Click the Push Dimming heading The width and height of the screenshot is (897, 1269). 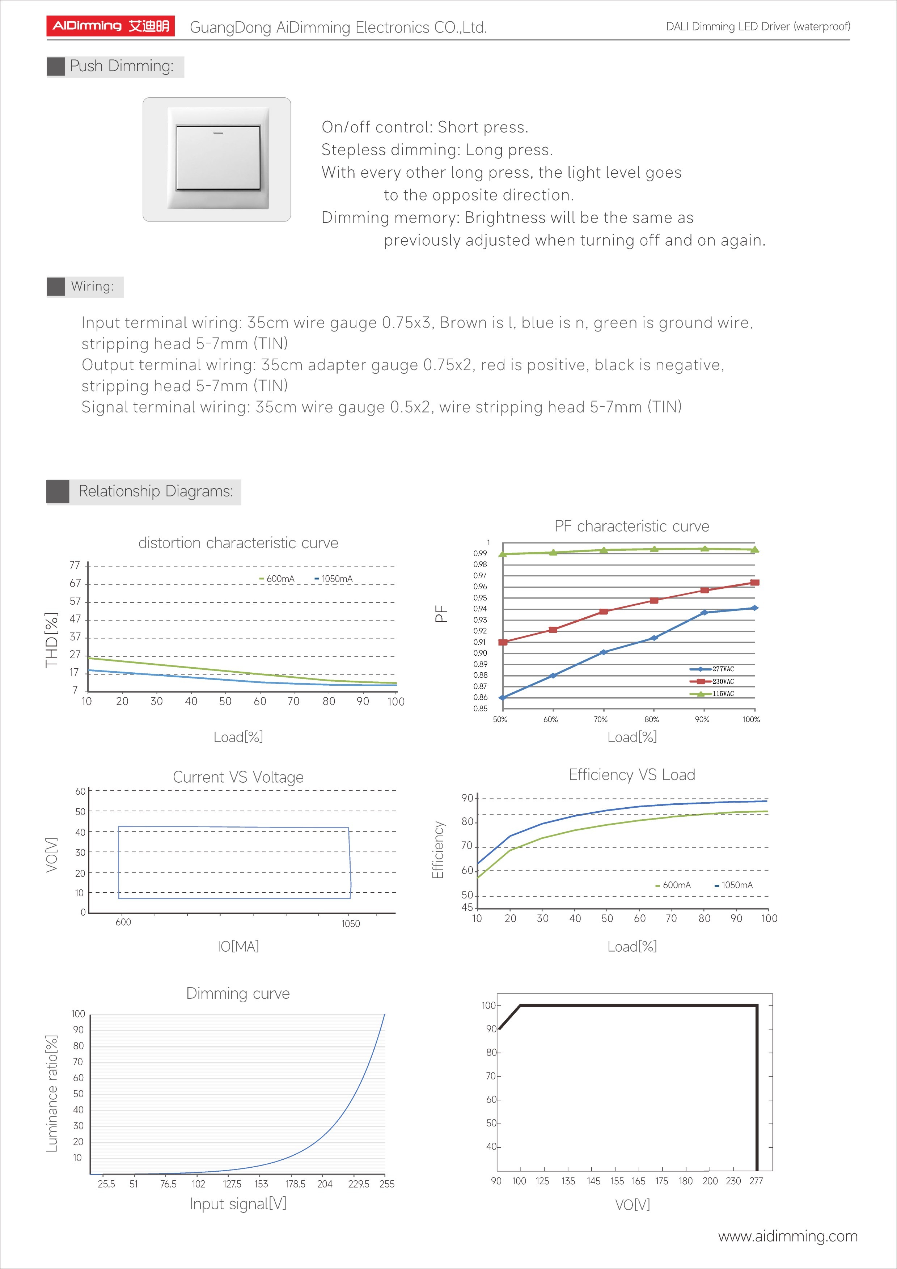coord(121,66)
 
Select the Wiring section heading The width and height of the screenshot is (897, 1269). coord(92,286)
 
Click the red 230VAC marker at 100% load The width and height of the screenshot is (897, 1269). coord(755,583)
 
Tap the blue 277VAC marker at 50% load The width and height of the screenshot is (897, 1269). coord(502,698)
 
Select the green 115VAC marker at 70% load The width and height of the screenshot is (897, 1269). coord(604,550)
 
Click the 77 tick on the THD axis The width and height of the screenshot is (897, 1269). coord(75,565)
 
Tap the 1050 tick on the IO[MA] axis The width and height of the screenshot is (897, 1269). coord(350,923)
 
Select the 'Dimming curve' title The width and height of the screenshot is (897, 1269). coord(238,993)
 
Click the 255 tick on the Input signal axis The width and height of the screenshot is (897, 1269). coord(387,1184)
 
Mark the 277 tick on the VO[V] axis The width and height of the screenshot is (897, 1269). coord(756,1181)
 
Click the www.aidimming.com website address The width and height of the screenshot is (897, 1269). coord(788,1236)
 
